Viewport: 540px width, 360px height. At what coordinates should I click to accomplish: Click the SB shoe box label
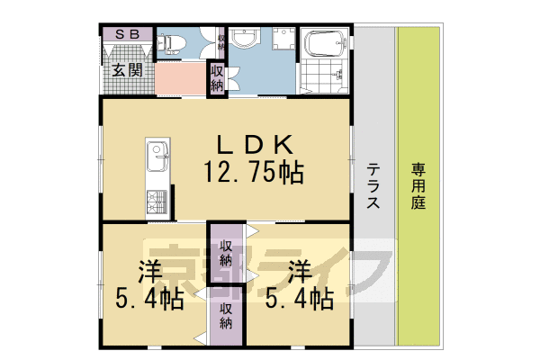point(126,34)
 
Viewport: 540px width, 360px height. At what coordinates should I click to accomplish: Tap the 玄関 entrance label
point(127,71)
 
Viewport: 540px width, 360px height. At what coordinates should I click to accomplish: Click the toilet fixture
point(173,42)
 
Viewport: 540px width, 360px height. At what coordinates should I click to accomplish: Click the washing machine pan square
point(283,40)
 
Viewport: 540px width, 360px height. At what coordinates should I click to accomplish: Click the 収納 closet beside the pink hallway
point(218,77)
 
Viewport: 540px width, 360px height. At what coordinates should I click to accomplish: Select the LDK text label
point(254,144)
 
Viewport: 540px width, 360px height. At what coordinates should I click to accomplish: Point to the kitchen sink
point(156,156)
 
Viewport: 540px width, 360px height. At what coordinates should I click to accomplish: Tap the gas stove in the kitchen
point(156,202)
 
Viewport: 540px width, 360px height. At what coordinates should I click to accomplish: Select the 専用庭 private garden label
point(418,186)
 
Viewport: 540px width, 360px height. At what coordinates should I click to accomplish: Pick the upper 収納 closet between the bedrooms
point(226,253)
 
